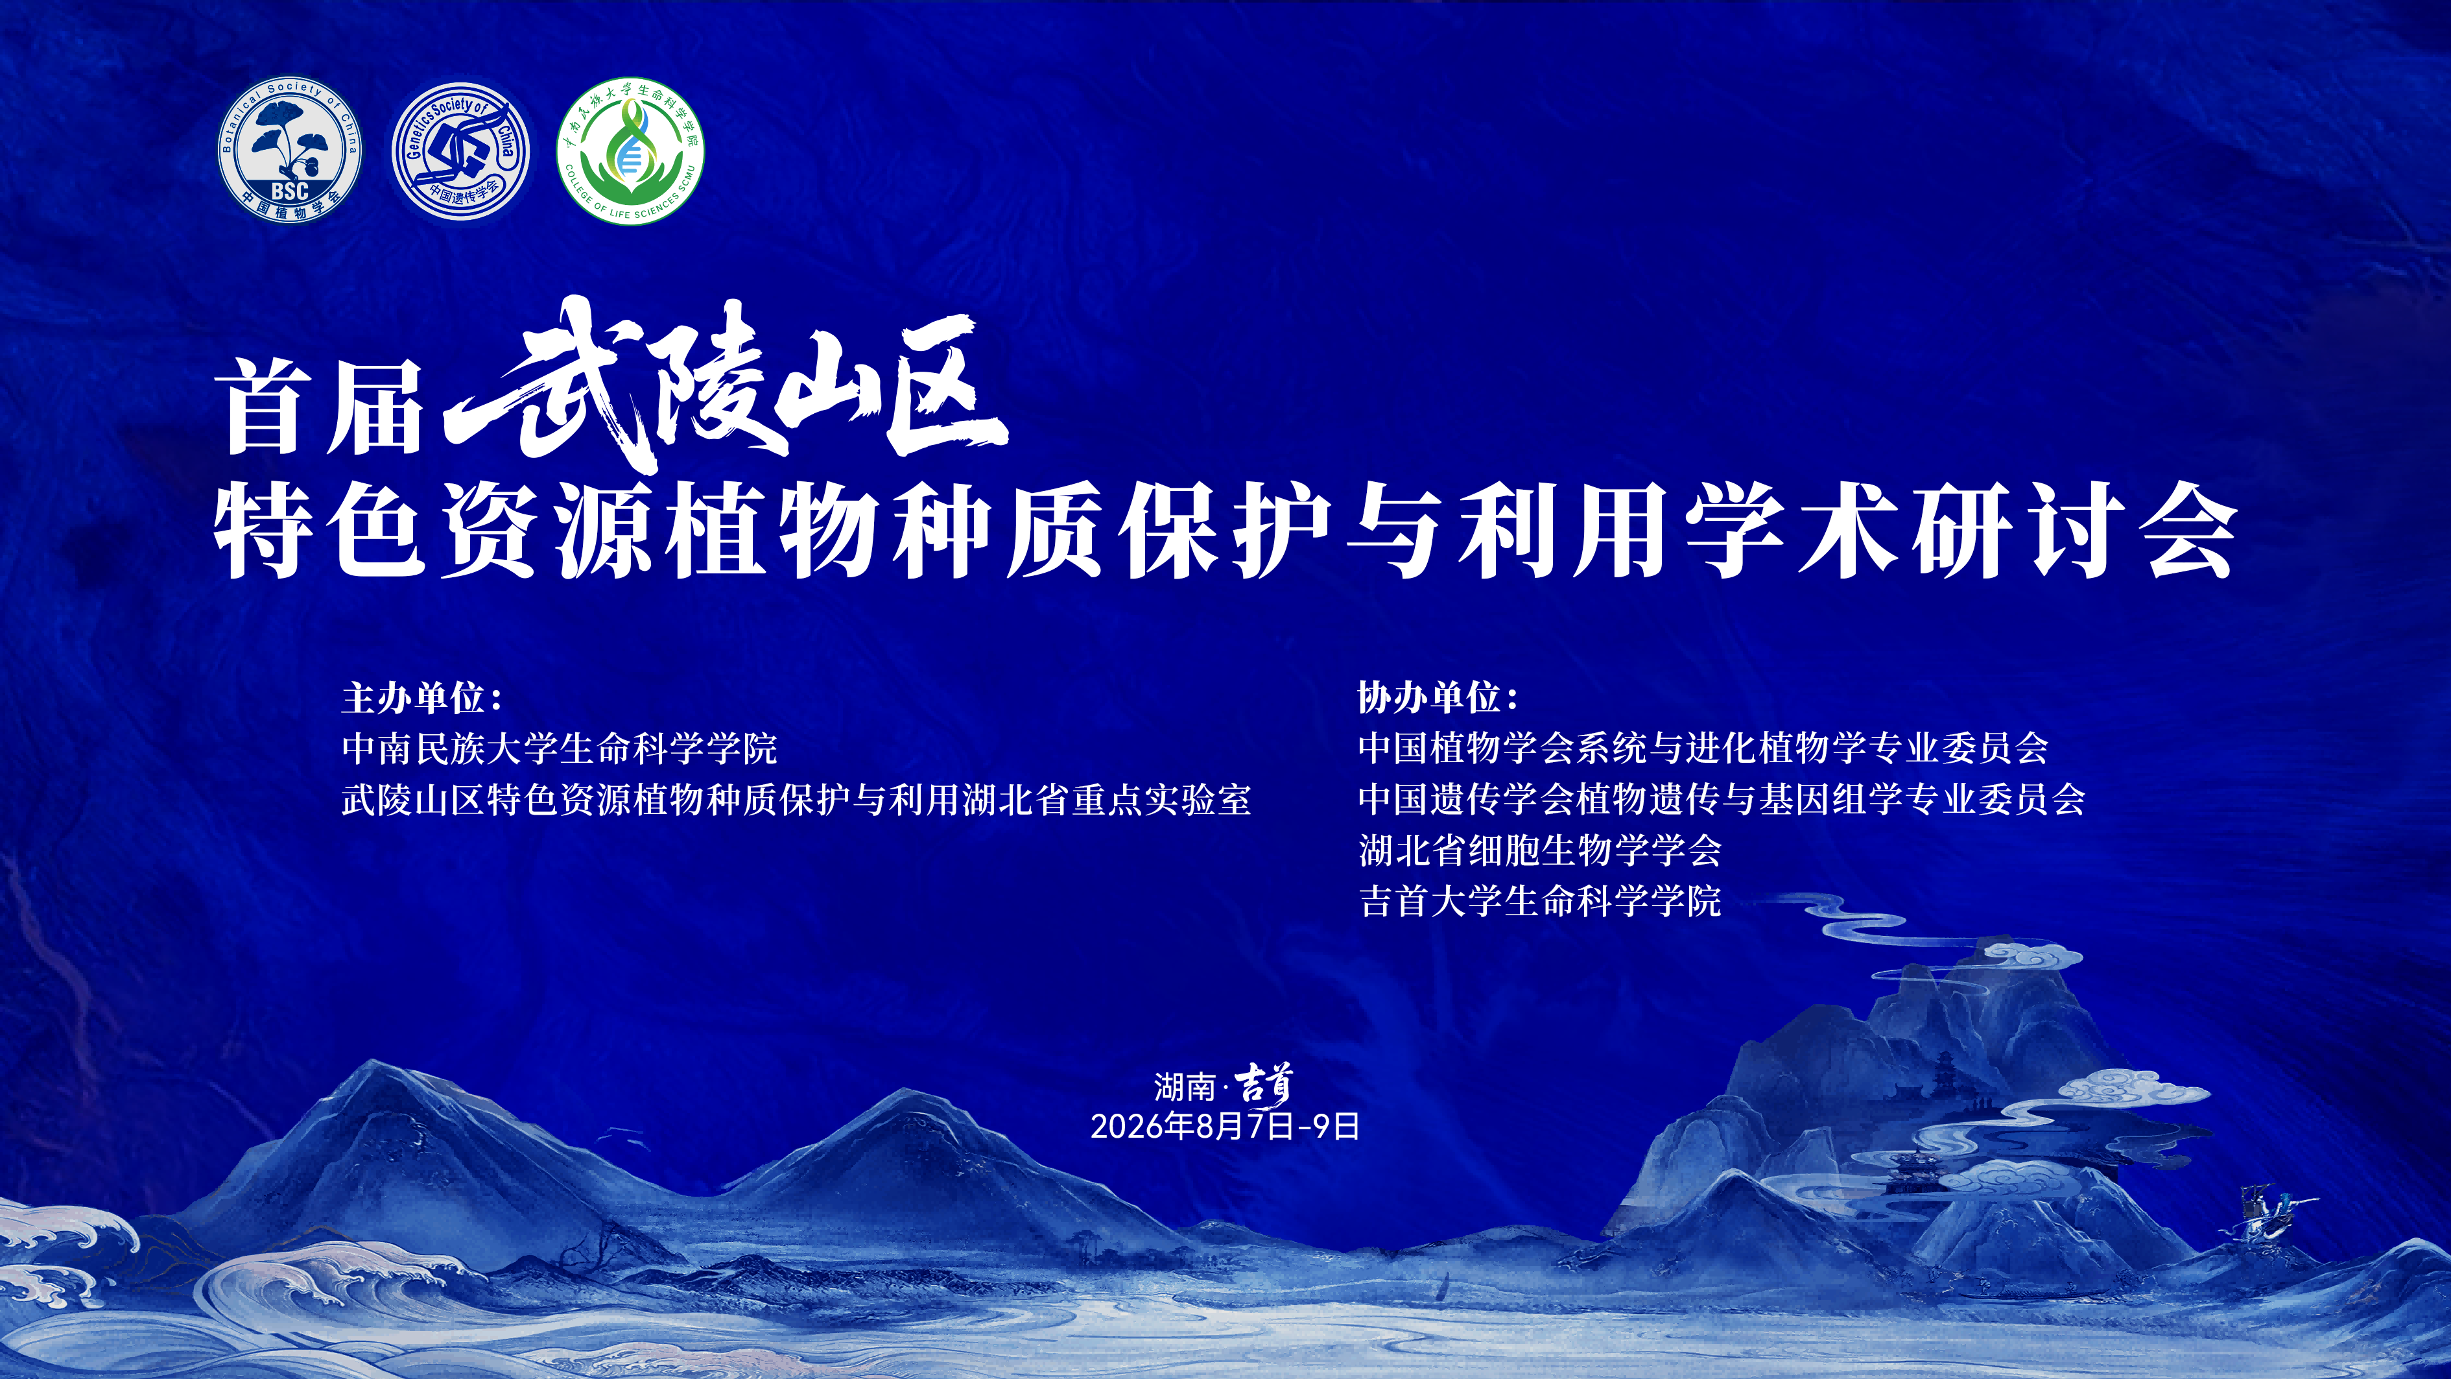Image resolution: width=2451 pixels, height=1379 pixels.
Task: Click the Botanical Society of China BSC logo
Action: (x=289, y=150)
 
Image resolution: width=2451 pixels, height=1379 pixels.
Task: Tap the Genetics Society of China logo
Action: (x=460, y=151)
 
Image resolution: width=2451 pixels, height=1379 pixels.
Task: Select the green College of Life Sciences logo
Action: (x=630, y=150)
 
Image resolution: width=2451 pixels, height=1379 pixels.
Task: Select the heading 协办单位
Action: (x=1438, y=697)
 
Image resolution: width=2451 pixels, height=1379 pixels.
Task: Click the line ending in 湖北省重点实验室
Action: (x=796, y=799)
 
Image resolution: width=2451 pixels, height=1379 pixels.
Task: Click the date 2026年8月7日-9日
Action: (x=1225, y=1127)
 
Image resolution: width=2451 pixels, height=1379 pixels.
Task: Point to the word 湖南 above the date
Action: (x=1185, y=1086)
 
